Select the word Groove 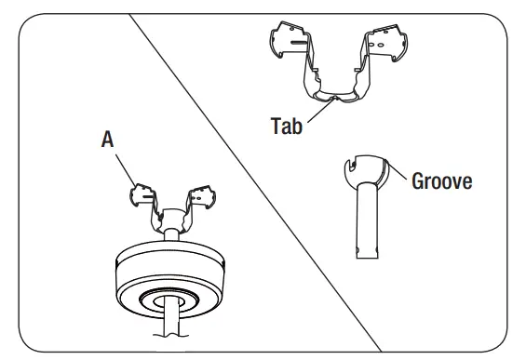point(442,180)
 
